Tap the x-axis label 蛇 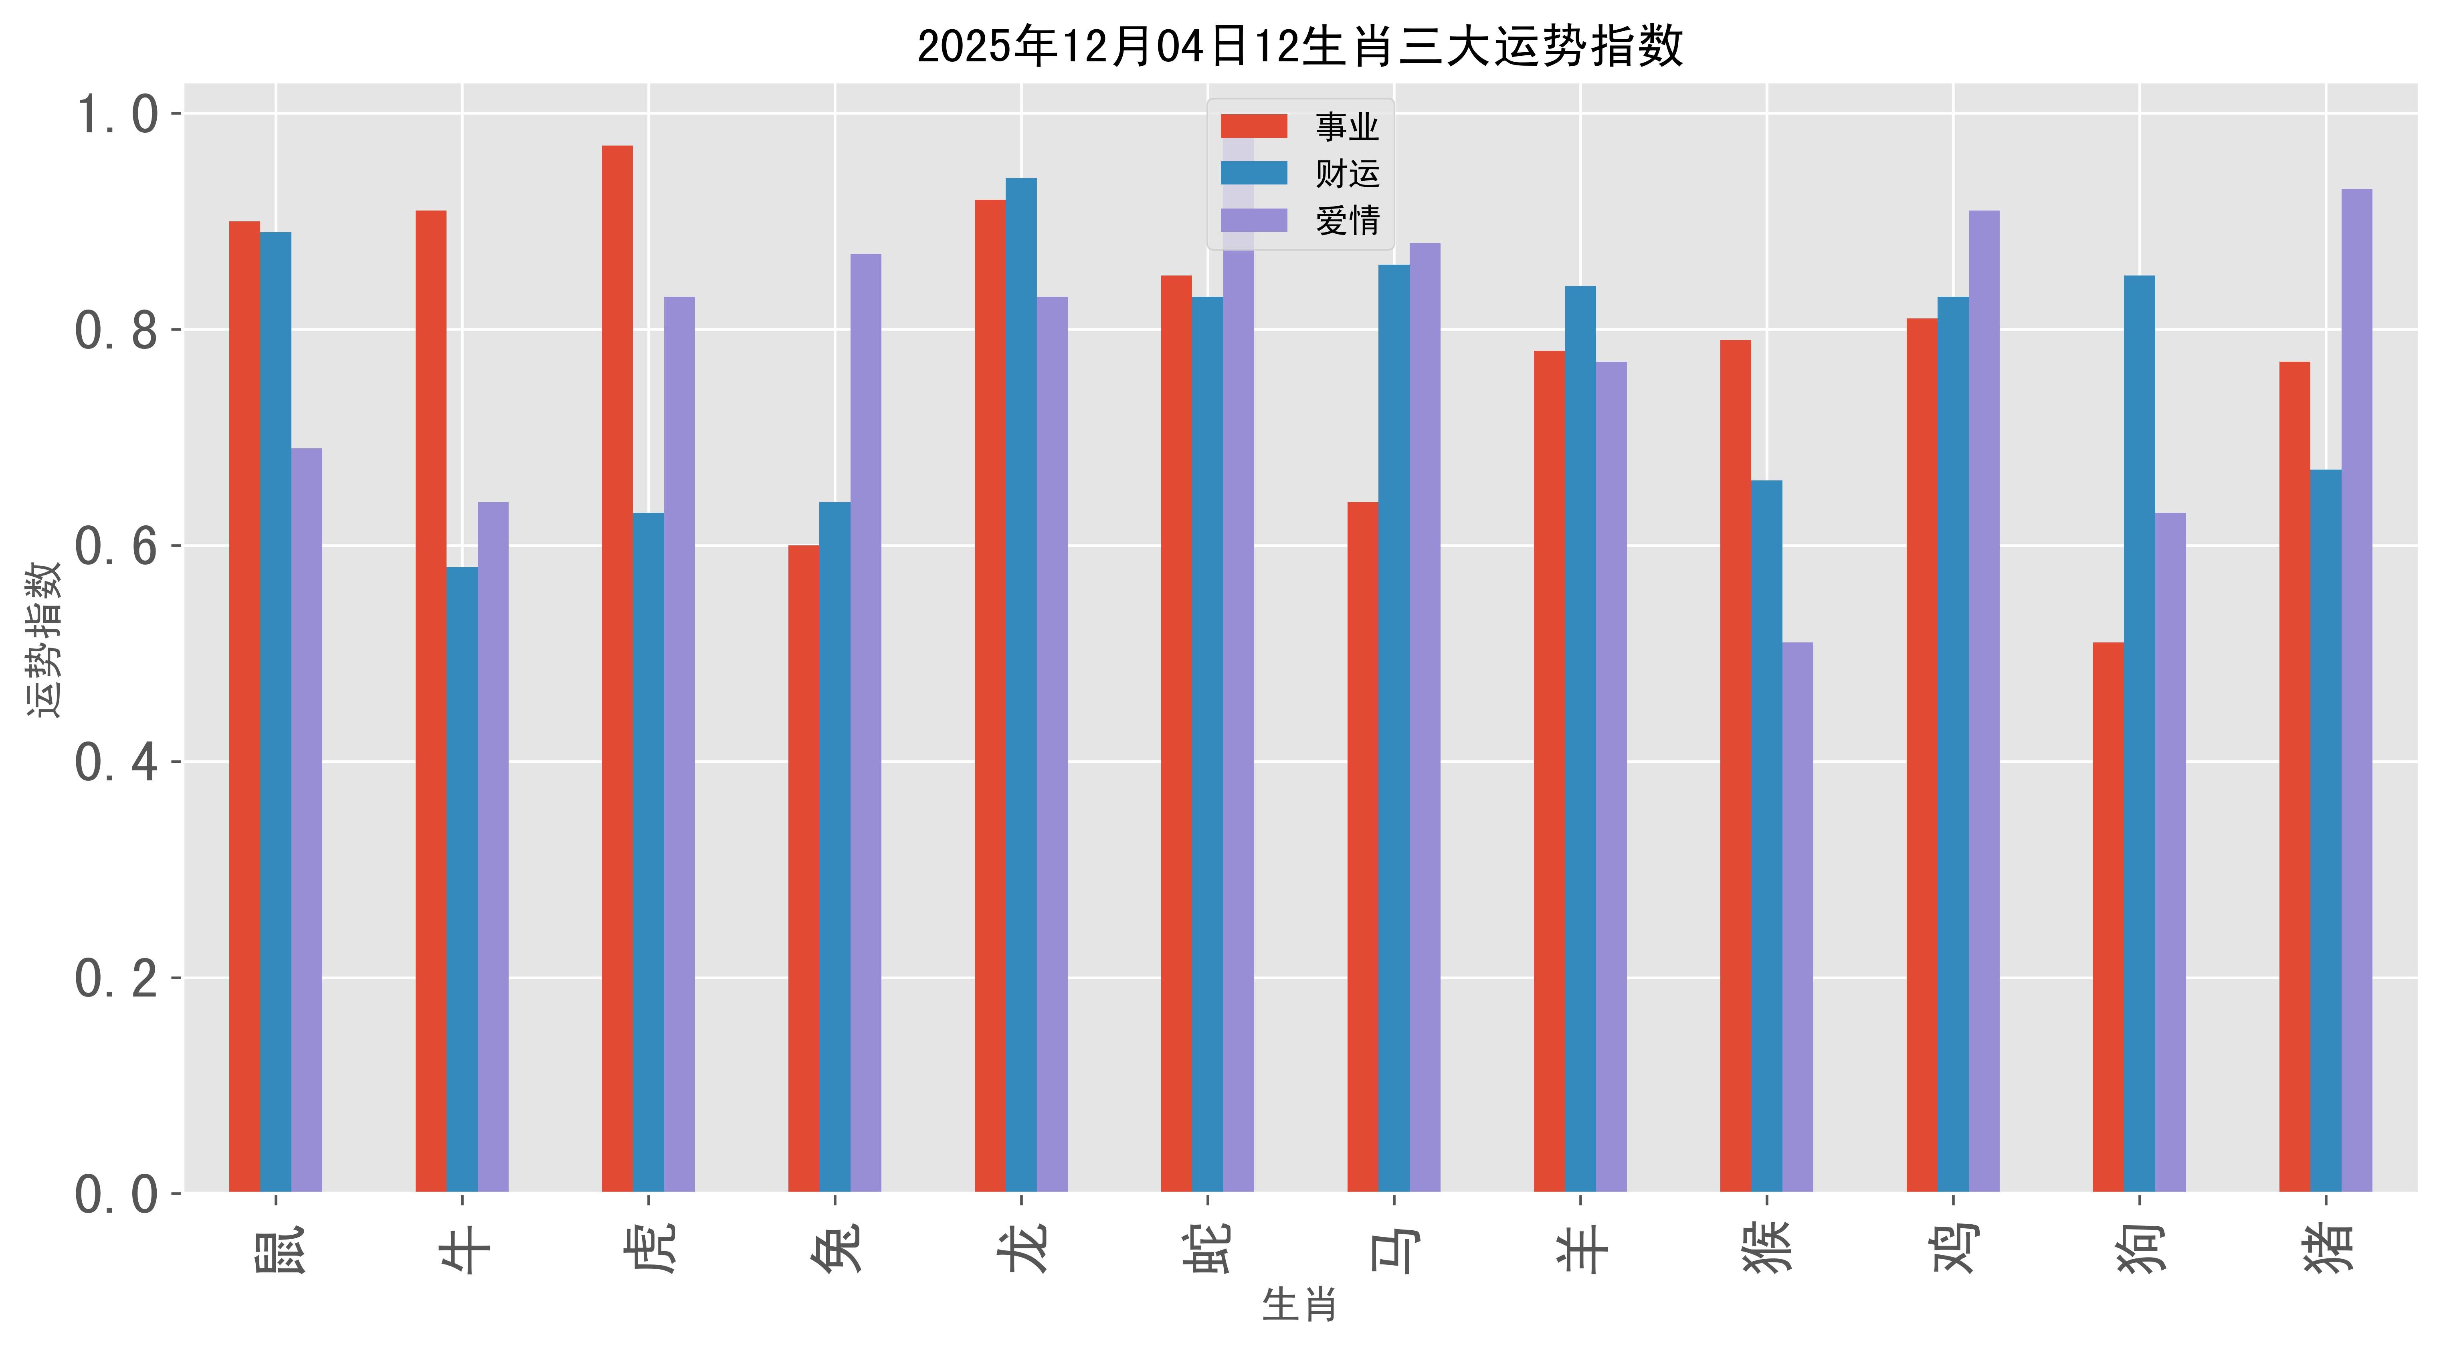pos(1207,1248)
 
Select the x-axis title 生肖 pos(1299,1305)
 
